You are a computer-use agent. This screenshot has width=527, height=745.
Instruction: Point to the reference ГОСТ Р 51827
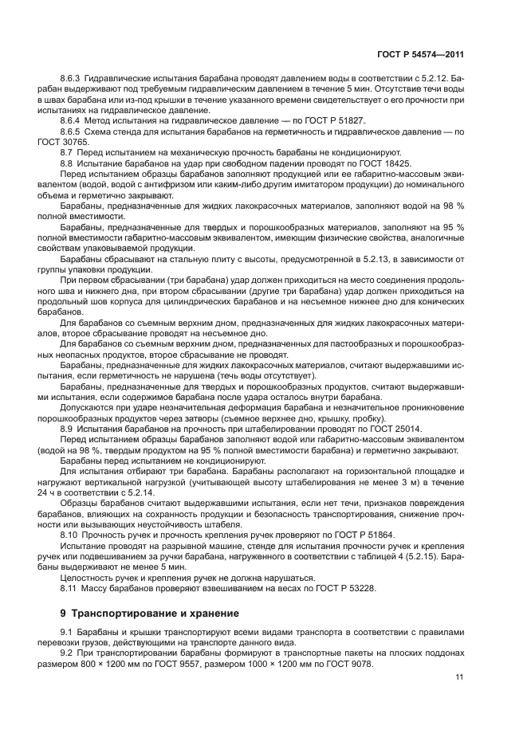[317, 119]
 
